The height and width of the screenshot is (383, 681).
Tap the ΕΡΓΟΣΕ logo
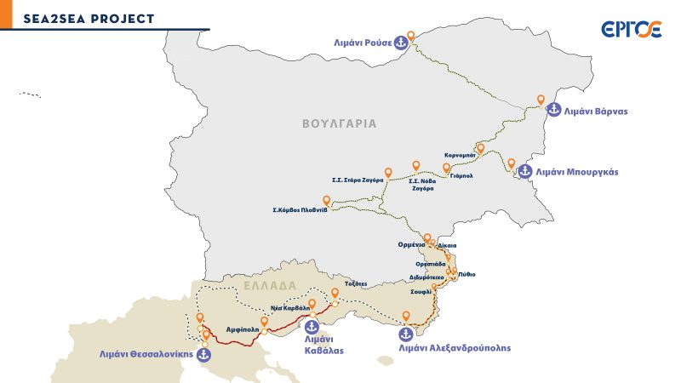point(631,30)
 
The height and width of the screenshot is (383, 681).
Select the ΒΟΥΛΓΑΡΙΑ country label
point(339,123)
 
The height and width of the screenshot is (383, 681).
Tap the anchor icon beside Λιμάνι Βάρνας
point(553,110)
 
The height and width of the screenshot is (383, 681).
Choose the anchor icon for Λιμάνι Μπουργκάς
point(525,171)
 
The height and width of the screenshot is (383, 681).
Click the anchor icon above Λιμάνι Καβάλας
point(312,327)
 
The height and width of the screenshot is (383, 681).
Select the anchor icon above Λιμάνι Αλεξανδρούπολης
point(416,334)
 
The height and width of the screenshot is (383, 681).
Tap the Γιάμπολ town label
point(459,175)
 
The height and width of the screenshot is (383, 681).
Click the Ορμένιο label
point(411,244)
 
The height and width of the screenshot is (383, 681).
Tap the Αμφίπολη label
point(242,327)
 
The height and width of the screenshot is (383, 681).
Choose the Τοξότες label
point(356,283)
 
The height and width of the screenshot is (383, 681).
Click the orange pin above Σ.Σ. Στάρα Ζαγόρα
point(388,173)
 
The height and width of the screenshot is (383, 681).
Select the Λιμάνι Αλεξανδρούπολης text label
point(455,348)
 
